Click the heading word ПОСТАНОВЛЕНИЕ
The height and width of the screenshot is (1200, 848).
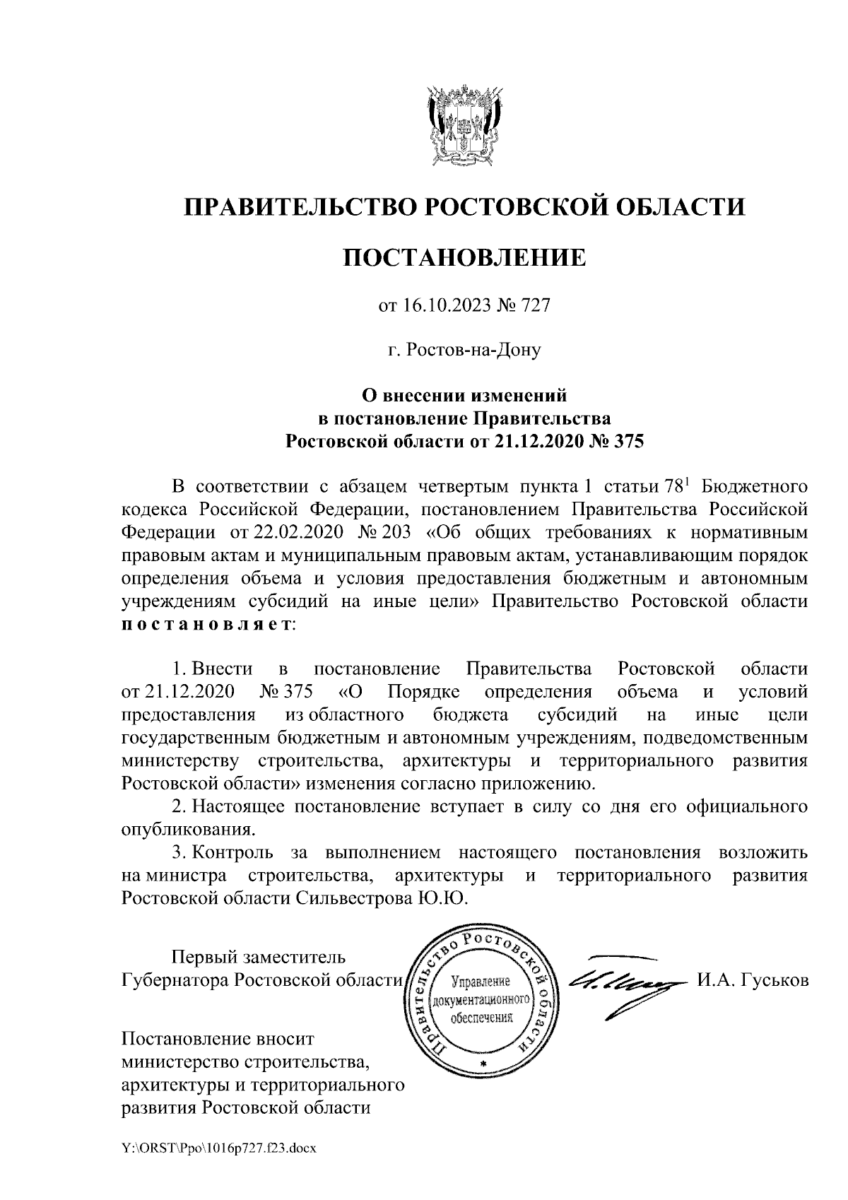click(x=465, y=257)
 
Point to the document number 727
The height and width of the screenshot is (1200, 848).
click(x=536, y=305)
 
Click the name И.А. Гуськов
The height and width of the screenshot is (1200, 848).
click(x=753, y=981)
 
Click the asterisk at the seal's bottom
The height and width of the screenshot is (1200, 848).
click(x=483, y=1063)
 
